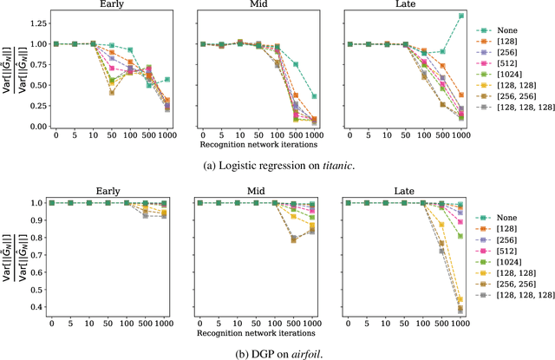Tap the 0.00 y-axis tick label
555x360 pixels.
38,127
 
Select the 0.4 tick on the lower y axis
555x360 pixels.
41,307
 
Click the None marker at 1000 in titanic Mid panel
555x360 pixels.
314,96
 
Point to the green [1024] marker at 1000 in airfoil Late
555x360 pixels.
460,236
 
